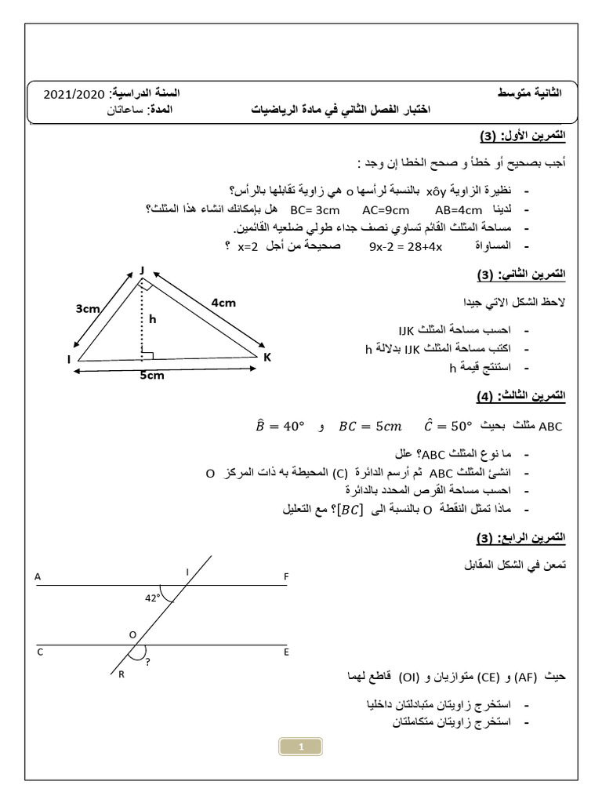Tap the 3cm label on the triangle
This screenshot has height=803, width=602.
pos(87,309)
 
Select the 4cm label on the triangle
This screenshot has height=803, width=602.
pos(223,303)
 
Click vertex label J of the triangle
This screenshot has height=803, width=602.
pos(143,270)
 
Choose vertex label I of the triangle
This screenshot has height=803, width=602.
pos(68,360)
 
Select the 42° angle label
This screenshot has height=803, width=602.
pos(152,598)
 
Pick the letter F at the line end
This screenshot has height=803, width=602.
pos(287,576)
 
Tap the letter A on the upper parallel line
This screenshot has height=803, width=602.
pos(37,576)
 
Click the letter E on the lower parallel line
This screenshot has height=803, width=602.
pos(286,651)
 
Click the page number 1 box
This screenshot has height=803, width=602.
pos(301,747)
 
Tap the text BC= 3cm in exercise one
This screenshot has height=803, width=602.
pos(312,211)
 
